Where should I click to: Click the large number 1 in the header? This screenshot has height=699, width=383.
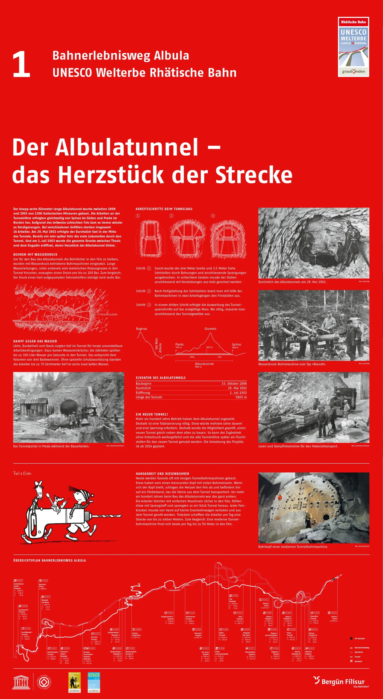click(21, 65)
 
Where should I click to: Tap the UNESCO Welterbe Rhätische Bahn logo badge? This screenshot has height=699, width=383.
click(353, 47)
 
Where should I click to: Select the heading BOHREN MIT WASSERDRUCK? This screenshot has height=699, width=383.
click(35, 254)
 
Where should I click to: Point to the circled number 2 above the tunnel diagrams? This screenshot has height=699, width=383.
click(171, 216)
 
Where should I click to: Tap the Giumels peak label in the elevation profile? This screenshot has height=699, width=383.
click(210, 329)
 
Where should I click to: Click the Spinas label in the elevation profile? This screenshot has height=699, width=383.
click(236, 344)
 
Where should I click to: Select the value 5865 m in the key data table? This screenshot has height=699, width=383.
click(241, 397)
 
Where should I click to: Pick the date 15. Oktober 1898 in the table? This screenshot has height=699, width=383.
click(234, 384)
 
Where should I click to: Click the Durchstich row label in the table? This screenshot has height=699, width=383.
click(143, 388)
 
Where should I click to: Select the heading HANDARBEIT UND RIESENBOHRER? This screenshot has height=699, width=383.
click(162, 474)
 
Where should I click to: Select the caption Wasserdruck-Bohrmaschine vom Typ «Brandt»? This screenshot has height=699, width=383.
click(292, 364)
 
